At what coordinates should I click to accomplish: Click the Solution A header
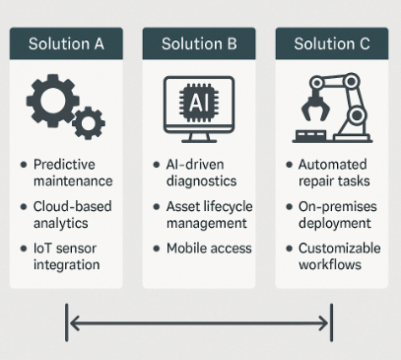(66, 43)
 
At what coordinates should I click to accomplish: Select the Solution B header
(199, 43)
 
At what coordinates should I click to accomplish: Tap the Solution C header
(332, 43)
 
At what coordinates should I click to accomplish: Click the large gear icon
(52, 101)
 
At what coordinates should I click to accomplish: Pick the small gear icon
(89, 123)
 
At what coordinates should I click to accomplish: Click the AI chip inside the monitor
(199, 103)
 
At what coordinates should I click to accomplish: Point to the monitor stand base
(199, 140)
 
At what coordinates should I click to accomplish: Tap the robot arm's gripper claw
(316, 108)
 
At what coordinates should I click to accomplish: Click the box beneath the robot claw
(310, 135)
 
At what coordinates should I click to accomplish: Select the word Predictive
(64, 165)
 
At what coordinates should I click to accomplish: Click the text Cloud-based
(73, 206)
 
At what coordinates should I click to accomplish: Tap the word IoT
(41, 249)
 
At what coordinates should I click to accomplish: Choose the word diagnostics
(201, 181)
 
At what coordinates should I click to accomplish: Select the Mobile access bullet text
(209, 249)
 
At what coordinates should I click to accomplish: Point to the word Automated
(332, 165)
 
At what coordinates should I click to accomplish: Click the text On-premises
(338, 207)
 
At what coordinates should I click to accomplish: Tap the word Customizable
(340, 249)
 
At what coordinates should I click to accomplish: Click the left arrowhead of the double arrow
(75, 323)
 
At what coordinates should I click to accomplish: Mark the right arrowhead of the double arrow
(323, 323)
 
